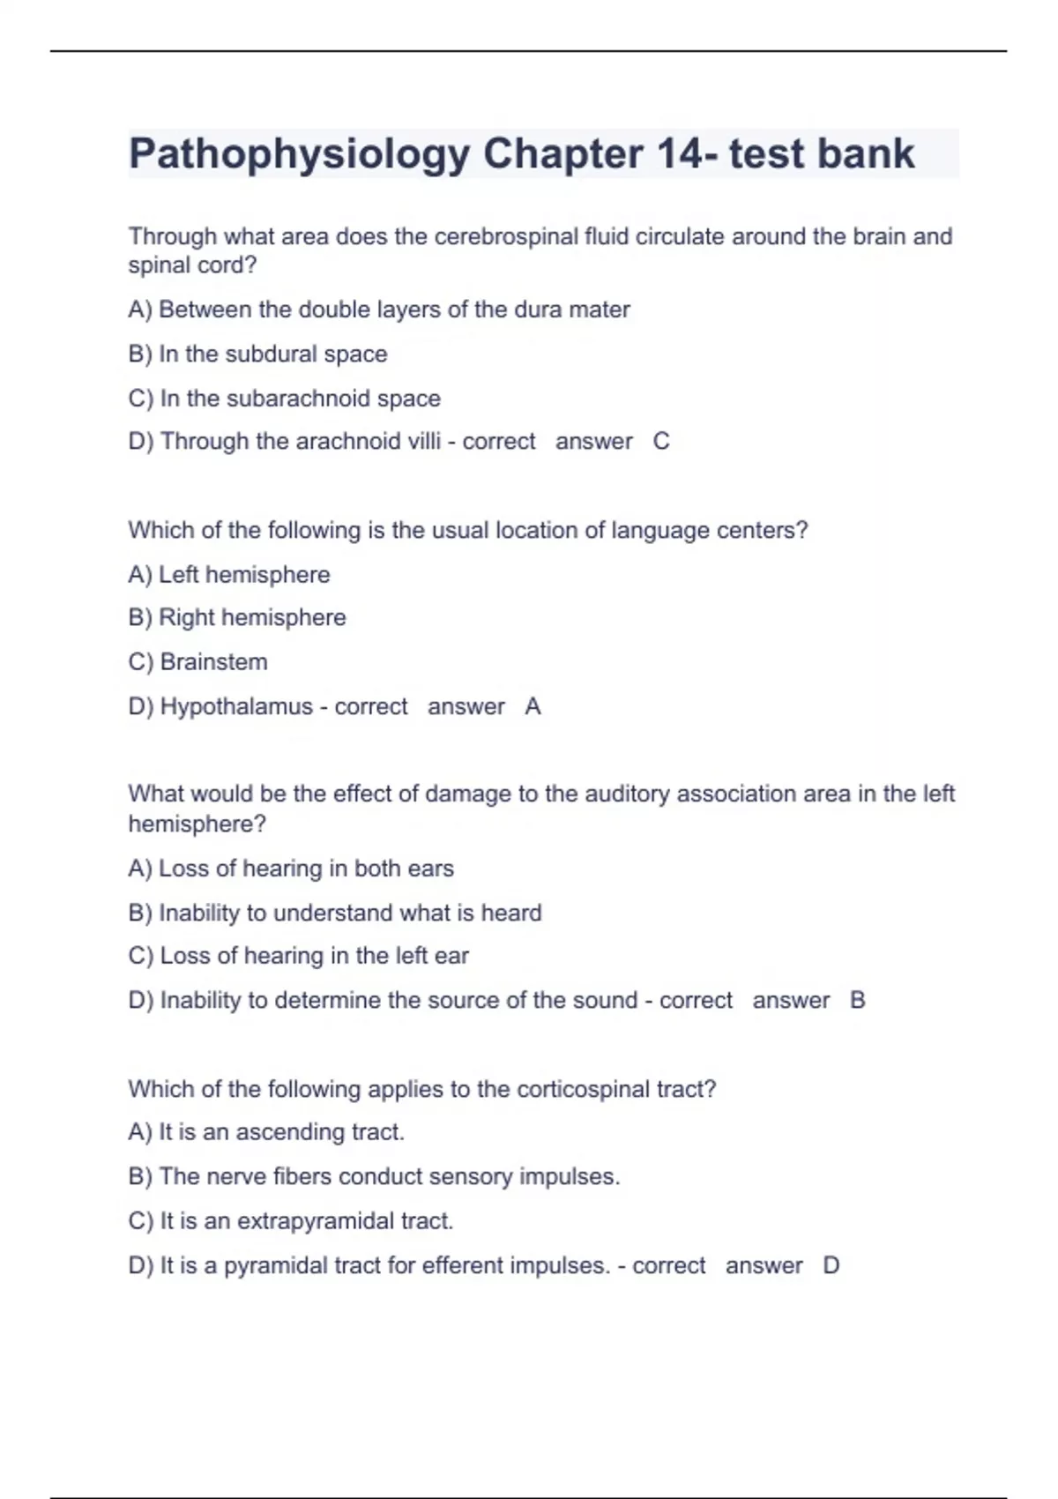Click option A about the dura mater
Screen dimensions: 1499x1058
click(x=379, y=309)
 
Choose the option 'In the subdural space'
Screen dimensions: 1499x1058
click(x=257, y=354)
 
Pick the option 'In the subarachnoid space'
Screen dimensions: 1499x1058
click(x=284, y=399)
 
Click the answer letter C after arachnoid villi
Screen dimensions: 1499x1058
click(x=661, y=441)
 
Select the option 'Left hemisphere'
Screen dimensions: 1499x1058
click(x=229, y=575)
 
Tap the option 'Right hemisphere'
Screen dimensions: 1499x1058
click(x=237, y=617)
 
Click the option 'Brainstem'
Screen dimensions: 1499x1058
click(x=198, y=662)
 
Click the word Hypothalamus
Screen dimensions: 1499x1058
click(x=236, y=706)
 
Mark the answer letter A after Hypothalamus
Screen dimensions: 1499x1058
click(x=533, y=706)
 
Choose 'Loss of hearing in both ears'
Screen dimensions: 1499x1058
click(x=291, y=869)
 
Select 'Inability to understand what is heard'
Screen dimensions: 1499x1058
click(x=335, y=913)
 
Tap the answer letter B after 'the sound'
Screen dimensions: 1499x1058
click(x=857, y=1000)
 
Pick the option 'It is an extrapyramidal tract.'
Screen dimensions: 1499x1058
click(x=291, y=1221)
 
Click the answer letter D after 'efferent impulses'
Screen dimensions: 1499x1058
click(x=831, y=1265)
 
